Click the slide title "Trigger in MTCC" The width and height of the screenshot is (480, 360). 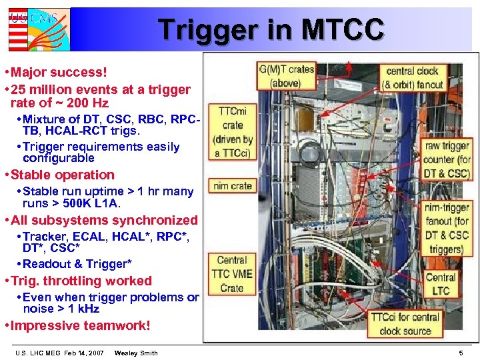point(271,30)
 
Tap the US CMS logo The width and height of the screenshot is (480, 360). point(39,29)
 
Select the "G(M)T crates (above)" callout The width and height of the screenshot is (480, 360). point(287,76)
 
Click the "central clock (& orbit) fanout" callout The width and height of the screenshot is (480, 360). point(413,77)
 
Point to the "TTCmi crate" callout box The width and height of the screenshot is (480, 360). point(232,132)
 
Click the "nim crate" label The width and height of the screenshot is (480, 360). point(232,186)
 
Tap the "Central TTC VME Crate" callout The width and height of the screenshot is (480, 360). point(232,274)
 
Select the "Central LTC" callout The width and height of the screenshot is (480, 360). point(441,284)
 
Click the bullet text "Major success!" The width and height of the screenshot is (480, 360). point(59,71)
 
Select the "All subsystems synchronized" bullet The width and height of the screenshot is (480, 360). point(105,220)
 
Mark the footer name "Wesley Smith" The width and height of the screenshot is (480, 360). point(136,353)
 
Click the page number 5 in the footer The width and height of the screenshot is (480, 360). point(460,353)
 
